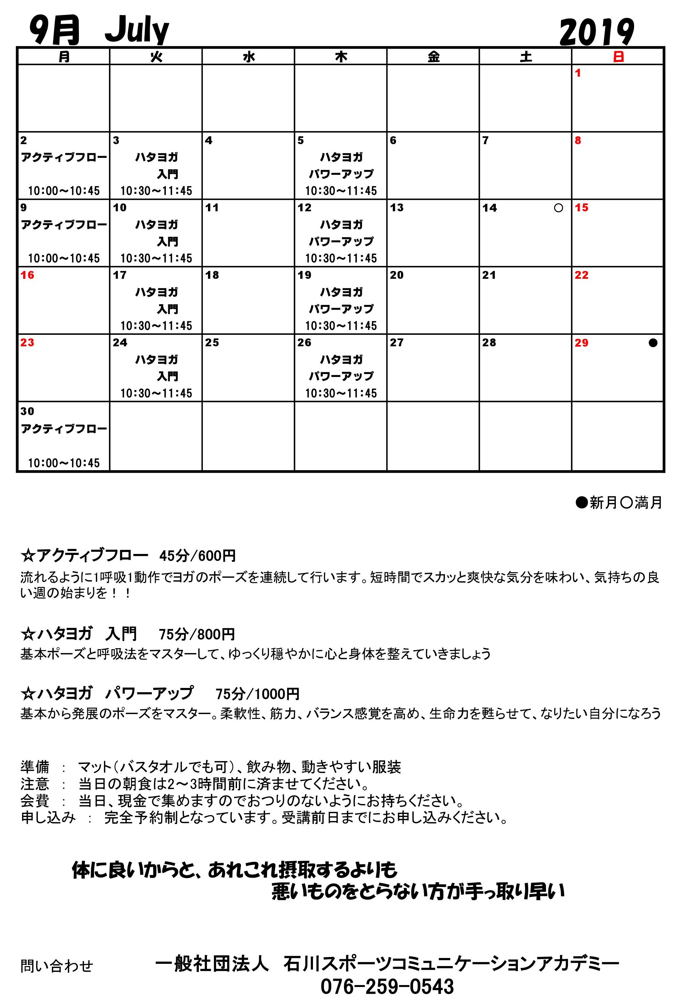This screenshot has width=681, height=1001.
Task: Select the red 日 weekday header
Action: [618, 56]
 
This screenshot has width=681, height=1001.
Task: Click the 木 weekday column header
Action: [341, 56]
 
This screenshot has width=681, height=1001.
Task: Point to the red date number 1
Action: [578, 73]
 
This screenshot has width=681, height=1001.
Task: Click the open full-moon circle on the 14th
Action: [558, 208]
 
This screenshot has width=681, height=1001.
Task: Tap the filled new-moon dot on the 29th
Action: [653, 343]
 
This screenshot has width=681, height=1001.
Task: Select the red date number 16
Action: [27, 275]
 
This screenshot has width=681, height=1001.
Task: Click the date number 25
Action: [212, 343]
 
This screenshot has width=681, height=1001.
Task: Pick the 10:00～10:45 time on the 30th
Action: [64, 463]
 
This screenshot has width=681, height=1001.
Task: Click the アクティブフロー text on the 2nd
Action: [64, 157]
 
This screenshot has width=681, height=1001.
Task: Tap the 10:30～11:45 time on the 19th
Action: [341, 326]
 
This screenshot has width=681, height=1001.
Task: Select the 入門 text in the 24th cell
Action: [167, 377]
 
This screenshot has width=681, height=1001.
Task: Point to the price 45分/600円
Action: [197, 556]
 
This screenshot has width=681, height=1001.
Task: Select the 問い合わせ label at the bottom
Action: [56, 966]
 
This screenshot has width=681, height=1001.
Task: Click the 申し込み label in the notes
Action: [48, 817]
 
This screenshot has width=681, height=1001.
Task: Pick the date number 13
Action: [397, 208]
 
